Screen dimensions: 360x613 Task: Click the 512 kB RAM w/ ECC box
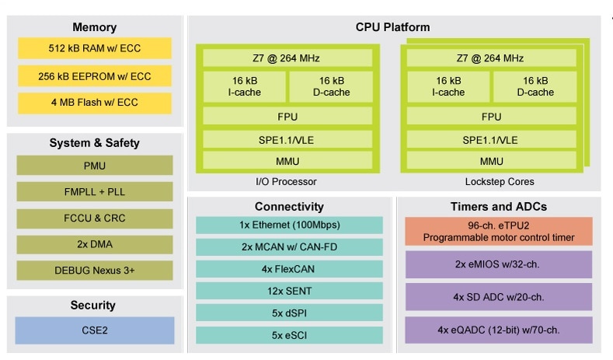(x=94, y=48)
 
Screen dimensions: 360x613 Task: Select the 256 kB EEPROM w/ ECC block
(x=94, y=75)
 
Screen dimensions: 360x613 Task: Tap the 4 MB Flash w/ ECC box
(x=94, y=103)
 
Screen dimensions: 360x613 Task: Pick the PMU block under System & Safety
(x=94, y=166)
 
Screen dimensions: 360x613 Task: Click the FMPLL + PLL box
(x=94, y=192)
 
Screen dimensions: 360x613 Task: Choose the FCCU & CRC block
(x=94, y=218)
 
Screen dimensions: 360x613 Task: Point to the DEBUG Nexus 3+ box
(x=94, y=271)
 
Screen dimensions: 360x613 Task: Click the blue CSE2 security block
(x=94, y=330)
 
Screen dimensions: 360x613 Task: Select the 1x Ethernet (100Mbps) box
(x=289, y=225)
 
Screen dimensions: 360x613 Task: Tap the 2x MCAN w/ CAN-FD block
(x=289, y=247)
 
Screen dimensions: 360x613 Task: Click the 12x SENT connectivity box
(x=289, y=291)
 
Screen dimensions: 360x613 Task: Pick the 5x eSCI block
(x=289, y=335)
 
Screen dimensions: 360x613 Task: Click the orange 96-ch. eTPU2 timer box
(x=499, y=231)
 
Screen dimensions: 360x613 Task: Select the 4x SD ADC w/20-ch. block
(x=499, y=296)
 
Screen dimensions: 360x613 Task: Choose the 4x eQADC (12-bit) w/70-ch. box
(x=499, y=330)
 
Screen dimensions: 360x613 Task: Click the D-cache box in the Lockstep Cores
(x=535, y=86)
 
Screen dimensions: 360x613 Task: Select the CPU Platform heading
(x=392, y=27)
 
